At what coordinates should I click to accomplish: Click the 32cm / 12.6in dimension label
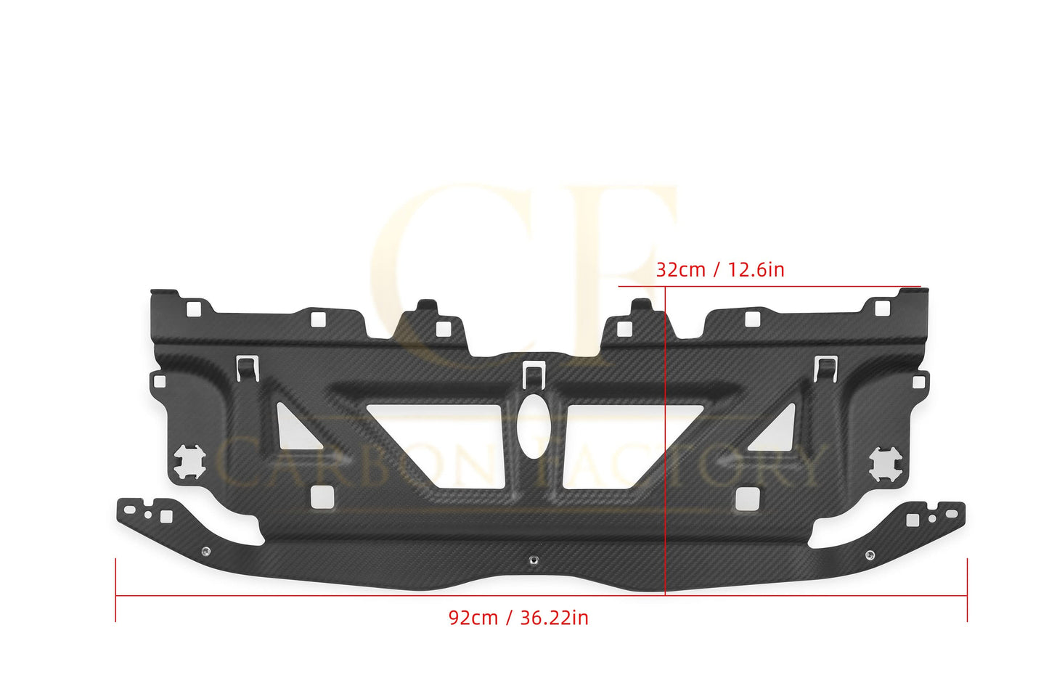pos(719,270)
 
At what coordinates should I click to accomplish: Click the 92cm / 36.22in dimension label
pos(518,618)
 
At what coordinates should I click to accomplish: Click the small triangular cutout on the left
pos(292,426)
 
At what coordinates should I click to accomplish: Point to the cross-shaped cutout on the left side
pos(189,461)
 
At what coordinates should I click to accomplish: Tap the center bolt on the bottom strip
pos(534,560)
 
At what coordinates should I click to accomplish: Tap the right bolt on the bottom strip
pos(869,555)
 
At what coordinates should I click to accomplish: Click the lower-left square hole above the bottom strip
pos(321,496)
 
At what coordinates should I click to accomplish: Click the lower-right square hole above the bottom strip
pos(746,499)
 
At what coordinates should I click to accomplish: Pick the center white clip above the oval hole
pos(534,371)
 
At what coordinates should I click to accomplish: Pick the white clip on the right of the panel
pos(825,368)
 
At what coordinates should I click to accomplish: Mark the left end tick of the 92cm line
pos(116,590)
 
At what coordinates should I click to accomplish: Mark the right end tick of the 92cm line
pos(967,590)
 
